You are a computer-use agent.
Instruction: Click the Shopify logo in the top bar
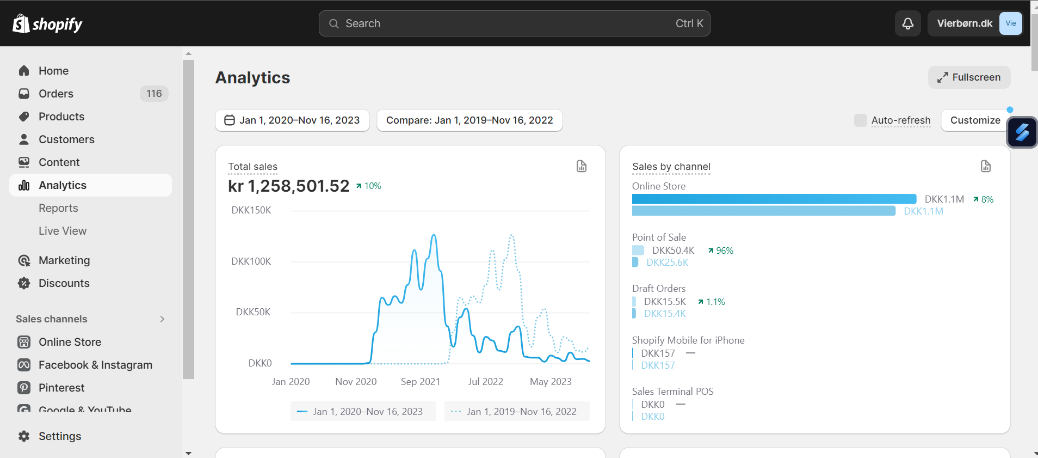tap(47, 23)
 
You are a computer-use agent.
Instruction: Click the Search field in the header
tap(514, 23)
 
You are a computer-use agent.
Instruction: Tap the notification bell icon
tap(907, 23)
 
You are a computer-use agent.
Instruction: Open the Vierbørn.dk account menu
tap(975, 23)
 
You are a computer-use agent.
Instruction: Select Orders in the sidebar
tap(56, 94)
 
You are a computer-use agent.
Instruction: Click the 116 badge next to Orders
tap(154, 94)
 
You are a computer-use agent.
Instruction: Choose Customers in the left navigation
tap(66, 139)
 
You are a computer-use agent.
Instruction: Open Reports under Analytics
tap(58, 208)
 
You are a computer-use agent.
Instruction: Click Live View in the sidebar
tap(63, 231)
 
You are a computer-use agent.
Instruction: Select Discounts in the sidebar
tap(64, 283)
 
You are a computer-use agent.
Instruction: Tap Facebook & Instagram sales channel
tap(95, 365)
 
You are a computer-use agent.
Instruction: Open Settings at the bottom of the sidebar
tap(60, 436)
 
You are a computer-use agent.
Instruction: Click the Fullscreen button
tap(969, 77)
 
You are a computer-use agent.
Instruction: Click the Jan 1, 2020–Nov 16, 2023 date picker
tap(292, 120)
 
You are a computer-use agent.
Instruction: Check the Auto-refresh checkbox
tap(860, 120)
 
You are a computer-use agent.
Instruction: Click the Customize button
tap(975, 120)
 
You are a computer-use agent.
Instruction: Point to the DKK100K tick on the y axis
tap(251, 261)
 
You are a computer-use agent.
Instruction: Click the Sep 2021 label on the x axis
tap(421, 382)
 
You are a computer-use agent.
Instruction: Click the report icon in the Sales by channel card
tap(985, 166)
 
